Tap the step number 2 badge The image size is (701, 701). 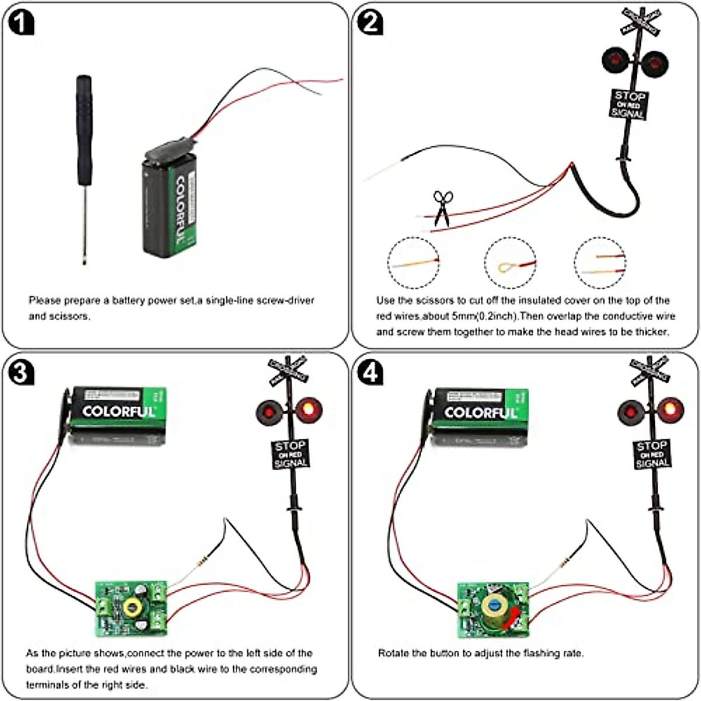tap(370, 23)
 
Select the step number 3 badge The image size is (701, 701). tap(21, 373)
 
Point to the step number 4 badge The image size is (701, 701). tap(370, 373)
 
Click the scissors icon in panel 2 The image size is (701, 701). tap(442, 208)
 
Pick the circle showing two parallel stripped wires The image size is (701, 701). tap(600, 263)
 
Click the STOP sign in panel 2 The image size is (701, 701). tap(629, 105)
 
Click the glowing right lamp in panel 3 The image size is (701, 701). tap(308, 410)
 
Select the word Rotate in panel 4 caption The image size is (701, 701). tap(393, 653)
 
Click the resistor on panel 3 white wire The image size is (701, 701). tap(202, 563)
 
